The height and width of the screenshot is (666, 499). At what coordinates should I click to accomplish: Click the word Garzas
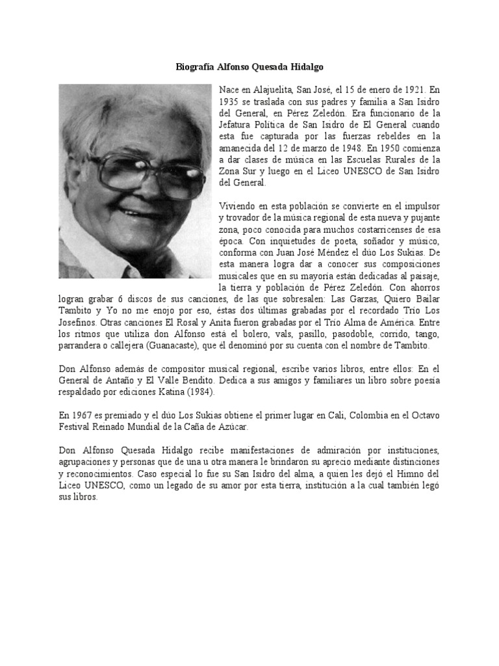(335, 299)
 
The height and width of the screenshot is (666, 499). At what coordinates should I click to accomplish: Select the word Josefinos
(80, 323)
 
